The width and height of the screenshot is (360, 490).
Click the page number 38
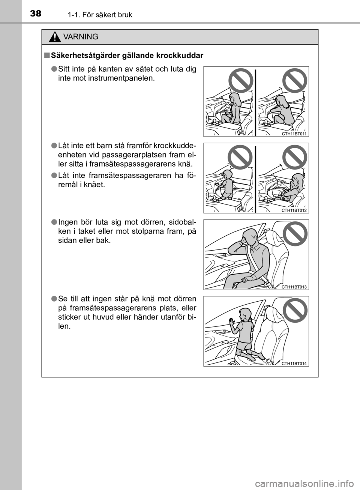36,14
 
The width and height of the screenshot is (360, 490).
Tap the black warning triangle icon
55,37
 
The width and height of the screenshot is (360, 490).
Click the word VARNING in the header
81,37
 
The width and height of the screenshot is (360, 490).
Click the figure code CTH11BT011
294,134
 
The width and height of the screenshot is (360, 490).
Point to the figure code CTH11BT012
294,210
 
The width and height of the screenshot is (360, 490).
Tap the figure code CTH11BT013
294,287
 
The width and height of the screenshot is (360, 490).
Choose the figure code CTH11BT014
294,364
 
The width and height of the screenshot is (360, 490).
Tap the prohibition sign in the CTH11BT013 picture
295,234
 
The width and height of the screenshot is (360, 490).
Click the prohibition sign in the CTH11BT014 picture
295,310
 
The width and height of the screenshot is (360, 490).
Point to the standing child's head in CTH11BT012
228,175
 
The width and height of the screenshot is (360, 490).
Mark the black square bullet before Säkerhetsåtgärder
46,56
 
